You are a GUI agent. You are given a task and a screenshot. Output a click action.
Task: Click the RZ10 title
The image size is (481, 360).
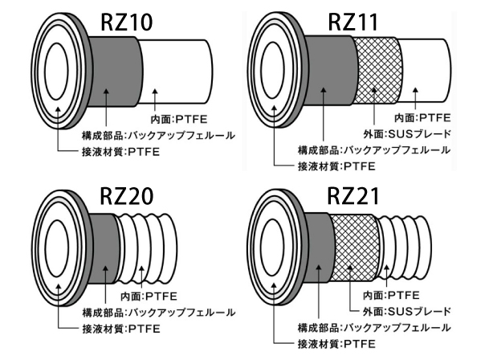point(126,22)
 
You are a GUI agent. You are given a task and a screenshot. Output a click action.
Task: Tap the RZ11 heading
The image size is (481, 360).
point(353,22)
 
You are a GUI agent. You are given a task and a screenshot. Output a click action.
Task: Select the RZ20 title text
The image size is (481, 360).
point(126,196)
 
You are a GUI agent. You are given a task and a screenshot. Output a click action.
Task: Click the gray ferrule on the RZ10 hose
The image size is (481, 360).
point(116,72)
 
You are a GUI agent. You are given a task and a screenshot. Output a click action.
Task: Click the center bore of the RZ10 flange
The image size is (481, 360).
point(56,71)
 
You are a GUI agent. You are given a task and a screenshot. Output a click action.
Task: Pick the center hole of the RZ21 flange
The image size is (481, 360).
point(272,247)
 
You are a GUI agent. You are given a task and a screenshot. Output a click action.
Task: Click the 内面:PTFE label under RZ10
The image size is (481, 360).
point(179,119)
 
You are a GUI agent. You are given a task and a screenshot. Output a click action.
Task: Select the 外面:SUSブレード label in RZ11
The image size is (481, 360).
point(407,134)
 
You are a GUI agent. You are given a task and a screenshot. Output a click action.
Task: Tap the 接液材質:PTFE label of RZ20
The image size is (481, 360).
point(121,329)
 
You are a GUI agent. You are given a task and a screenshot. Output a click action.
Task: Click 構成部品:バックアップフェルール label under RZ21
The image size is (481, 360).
point(374,328)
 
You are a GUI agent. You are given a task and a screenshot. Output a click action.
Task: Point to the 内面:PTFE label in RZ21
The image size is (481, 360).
point(391,295)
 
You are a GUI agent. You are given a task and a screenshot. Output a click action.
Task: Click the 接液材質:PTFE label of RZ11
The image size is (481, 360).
point(336,166)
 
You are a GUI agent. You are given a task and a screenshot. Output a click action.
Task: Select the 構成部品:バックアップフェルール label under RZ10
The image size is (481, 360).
point(158,135)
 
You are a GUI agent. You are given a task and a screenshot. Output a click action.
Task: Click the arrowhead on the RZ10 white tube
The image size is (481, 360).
point(155,92)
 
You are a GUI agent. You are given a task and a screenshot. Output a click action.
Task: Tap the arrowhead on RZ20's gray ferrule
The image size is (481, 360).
point(105,268)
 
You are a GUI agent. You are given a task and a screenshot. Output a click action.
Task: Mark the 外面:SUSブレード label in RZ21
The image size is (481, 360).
point(407,311)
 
